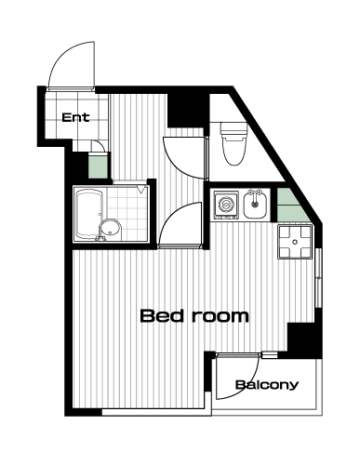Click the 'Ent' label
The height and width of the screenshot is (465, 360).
pos(75,117)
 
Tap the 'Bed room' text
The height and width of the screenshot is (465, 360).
pos(194,316)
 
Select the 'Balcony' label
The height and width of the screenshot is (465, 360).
pos(267,385)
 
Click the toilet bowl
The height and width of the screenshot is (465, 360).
pos(234,151)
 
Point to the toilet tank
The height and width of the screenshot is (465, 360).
pos(234,129)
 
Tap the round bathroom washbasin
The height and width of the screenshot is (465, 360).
pos(110,230)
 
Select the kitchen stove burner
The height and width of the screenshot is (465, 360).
pos(226,205)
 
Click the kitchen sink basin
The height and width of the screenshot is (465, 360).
pos(255,205)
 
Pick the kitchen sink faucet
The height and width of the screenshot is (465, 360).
pos(255,195)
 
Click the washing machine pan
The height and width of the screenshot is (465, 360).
pos(295,242)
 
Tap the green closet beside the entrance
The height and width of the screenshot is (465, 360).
pos(99,166)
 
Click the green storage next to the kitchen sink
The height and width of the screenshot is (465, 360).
pos(290,205)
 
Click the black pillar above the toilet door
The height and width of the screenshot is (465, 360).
pos(186,110)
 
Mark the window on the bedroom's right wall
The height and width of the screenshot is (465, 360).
pos(318,277)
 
